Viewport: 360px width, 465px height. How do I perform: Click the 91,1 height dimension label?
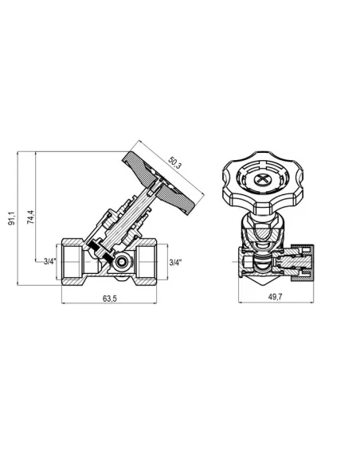tap(12, 218)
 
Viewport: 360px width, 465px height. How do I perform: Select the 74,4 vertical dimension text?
tap(30, 217)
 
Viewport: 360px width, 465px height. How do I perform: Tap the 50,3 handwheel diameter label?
tap(174, 162)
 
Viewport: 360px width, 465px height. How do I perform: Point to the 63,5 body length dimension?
tap(110, 299)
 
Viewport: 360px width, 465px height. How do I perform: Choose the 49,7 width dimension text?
tap(276, 296)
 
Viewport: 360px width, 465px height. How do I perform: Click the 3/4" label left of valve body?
tap(49, 261)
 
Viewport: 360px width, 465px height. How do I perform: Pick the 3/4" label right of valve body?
tap(175, 262)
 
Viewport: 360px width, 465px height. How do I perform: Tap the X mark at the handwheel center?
tap(262, 178)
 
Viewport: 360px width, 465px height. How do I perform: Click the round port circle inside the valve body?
tap(121, 261)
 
